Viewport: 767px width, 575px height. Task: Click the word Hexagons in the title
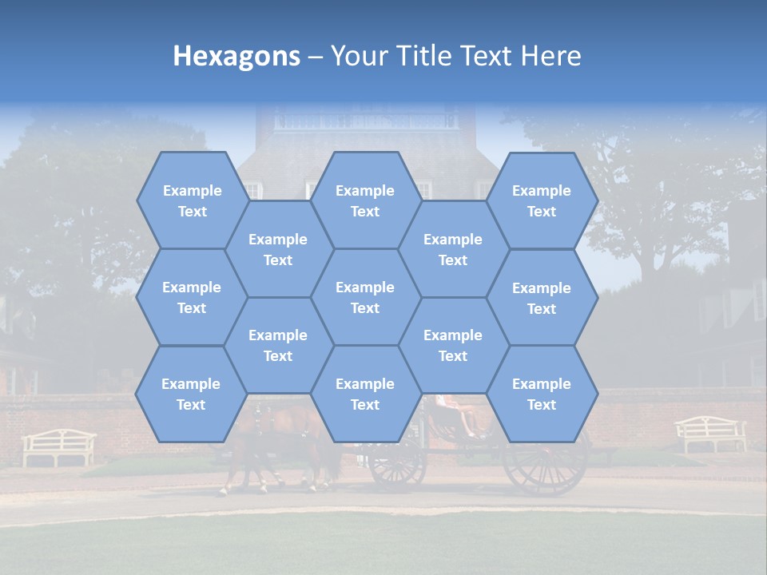point(236,56)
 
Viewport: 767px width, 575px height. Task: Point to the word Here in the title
point(551,56)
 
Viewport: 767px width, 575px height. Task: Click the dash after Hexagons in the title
point(316,56)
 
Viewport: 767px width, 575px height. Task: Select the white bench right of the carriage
point(710,434)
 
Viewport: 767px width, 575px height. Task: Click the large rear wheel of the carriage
point(545,461)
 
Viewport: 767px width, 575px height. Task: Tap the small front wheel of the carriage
point(398,463)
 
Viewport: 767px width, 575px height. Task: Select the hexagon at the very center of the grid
point(365,297)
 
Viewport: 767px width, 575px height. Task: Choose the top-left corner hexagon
point(192,200)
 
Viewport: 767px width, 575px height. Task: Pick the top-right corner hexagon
point(542,200)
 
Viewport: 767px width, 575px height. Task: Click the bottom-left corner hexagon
point(191,394)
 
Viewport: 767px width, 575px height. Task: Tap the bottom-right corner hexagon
point(542,394)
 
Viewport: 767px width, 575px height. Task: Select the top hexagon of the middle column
point(365,200)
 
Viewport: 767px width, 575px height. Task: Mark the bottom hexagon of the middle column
point(365,394)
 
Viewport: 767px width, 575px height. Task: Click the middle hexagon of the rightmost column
point(542,298)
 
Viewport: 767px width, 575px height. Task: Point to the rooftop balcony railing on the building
point(367,121)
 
